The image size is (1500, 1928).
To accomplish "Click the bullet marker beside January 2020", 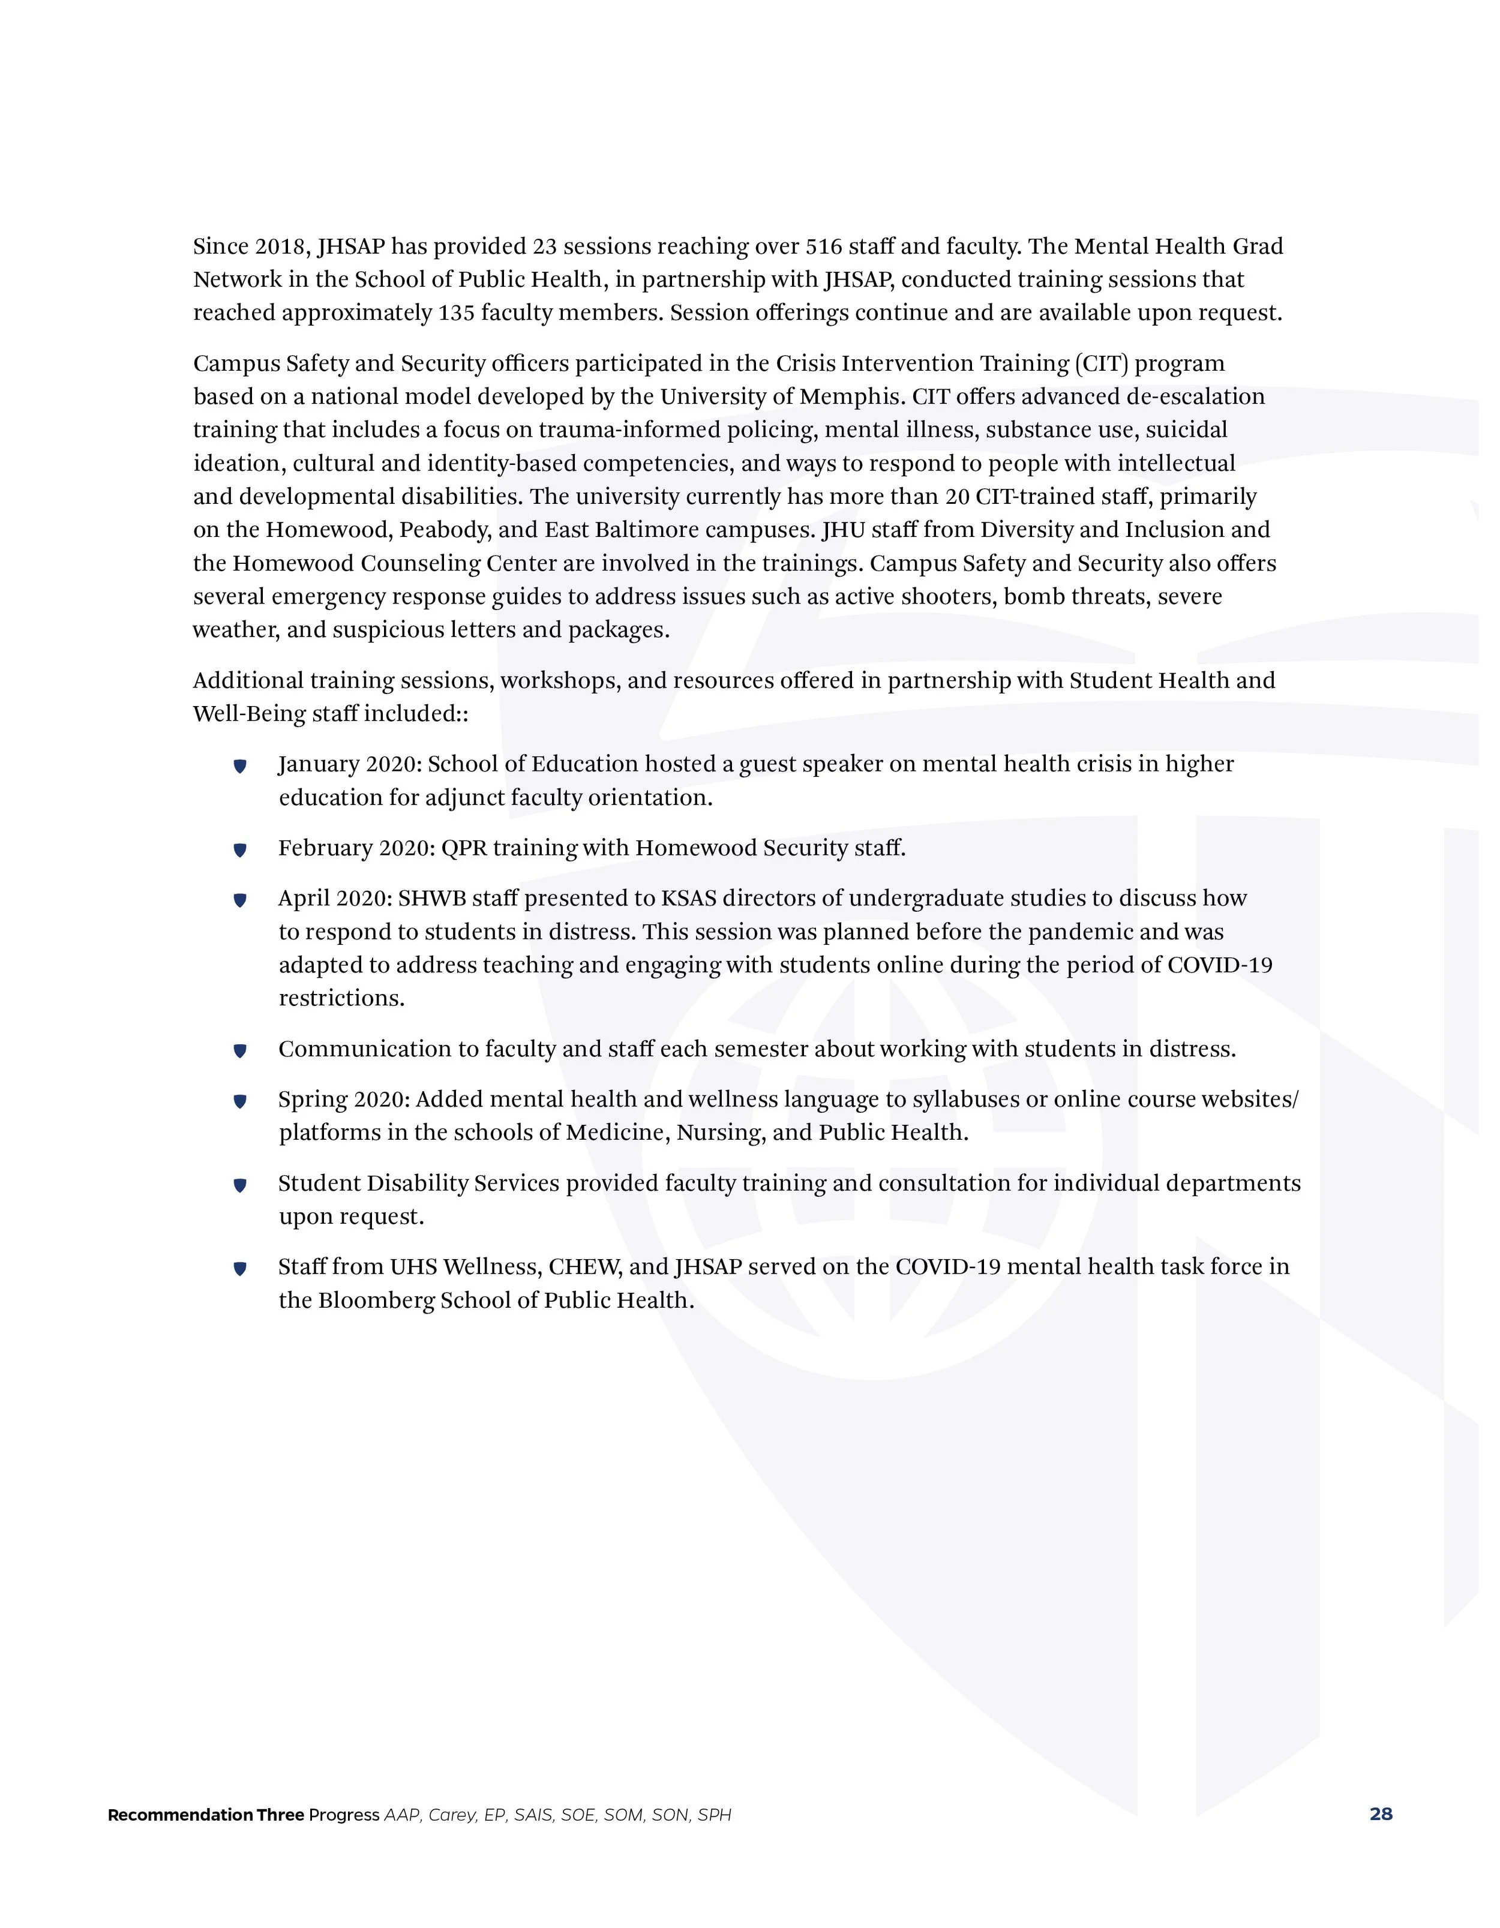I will pyautogui.click(x=239, y=766).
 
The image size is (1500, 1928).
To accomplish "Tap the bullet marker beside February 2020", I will pyautogui.click(x=239, y=850).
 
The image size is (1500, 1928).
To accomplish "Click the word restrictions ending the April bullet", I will pyautogui.click(x=341, y=998).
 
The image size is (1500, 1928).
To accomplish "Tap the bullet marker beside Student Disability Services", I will pyautogui.click(x=239, y=1185).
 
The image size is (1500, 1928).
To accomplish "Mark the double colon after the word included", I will pyautogui.click(x=462, y=715).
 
